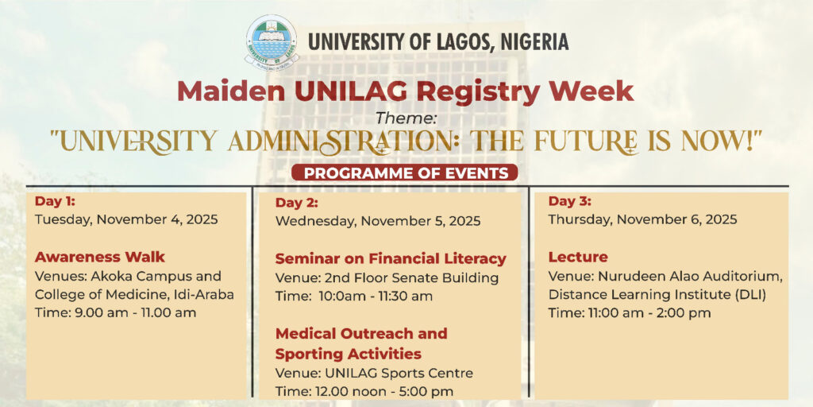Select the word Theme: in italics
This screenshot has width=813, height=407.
pos(406,118)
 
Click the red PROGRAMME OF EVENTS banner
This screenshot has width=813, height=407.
pos(404,172)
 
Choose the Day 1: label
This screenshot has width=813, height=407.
pos(55,201)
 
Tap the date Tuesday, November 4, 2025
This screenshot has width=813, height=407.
pos(126,219)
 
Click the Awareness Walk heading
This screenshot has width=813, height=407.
pos(99,257)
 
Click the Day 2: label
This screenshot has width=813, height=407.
pos(297,203)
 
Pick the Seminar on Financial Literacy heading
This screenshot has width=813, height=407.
pos(391,258)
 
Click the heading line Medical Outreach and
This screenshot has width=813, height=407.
pos(361,333)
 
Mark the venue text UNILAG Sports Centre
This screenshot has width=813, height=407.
pos(399,373)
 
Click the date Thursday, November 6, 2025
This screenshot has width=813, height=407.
pos(642,219)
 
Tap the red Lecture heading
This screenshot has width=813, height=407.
pos(578,257)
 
